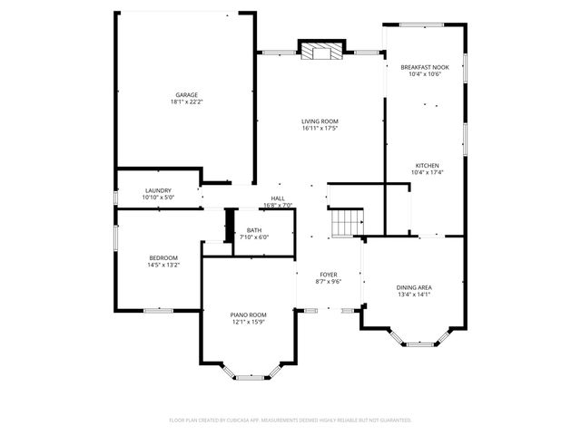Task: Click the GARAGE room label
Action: click(187, 95)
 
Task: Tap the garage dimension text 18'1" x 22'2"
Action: click(187, 102)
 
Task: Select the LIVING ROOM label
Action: click(320, 121)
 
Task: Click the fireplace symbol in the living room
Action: click(321, 52)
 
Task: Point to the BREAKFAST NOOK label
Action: click(425, 67)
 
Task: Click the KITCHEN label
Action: click(427, 165)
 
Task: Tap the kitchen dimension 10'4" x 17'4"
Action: click(427, 172)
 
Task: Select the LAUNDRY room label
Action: click(158, 190)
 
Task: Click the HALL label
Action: click(278, 198)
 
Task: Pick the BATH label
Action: click(254, 230)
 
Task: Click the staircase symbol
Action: click(346, 222)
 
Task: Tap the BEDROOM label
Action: click(163, 258)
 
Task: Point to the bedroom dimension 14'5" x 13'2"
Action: click(163, 266)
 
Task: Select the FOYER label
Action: click(328, 275)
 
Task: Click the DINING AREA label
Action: click(413, 287)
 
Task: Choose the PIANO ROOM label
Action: click(247, 314)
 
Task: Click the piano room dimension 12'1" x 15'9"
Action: click(247, 322)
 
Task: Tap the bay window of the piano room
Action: click(248, 374)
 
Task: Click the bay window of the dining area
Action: click(419, 343)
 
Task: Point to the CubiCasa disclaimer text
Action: click(290, 420)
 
